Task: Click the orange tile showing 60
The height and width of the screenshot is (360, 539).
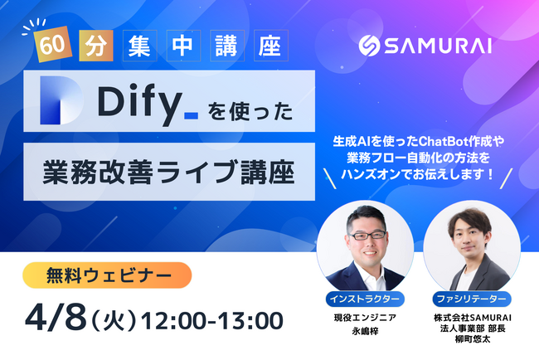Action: [52, 44]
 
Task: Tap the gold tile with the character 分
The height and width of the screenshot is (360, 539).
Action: [96, 46]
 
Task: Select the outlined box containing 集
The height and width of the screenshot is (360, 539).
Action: [140, 46]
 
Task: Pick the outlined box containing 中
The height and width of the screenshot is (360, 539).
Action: [183, 46]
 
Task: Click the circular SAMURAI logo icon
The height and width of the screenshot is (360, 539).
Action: [369, 46]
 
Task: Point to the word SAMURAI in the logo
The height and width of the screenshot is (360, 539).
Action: [438, 46]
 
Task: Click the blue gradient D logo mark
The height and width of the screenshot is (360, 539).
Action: [61, 100]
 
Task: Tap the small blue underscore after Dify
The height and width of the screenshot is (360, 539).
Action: [191, 116]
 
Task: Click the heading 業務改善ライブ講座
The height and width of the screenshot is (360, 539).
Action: [168, 172]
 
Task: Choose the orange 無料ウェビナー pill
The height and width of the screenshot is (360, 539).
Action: [107, 275]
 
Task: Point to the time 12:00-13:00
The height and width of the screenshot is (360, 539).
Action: [212, 321]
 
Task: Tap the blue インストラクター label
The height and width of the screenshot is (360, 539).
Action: [365, 299]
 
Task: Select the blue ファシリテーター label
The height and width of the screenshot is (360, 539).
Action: [472, 299]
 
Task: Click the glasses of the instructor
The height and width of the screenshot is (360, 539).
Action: [367, 236]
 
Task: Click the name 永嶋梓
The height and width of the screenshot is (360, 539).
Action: [365, 331]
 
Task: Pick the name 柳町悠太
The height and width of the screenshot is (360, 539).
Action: [473, 339]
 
